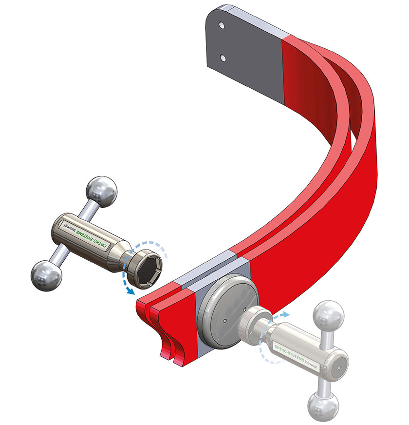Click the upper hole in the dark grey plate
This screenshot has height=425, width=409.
(222, 26)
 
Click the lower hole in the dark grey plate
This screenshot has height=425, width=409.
(223, 58)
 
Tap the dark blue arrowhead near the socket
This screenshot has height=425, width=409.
(131, 290)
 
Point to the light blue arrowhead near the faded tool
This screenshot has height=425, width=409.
(286, 314)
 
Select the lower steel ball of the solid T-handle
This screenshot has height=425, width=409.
(47, 276)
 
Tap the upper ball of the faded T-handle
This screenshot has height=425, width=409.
(328, 316)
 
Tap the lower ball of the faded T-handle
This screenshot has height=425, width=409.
(323, 406)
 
